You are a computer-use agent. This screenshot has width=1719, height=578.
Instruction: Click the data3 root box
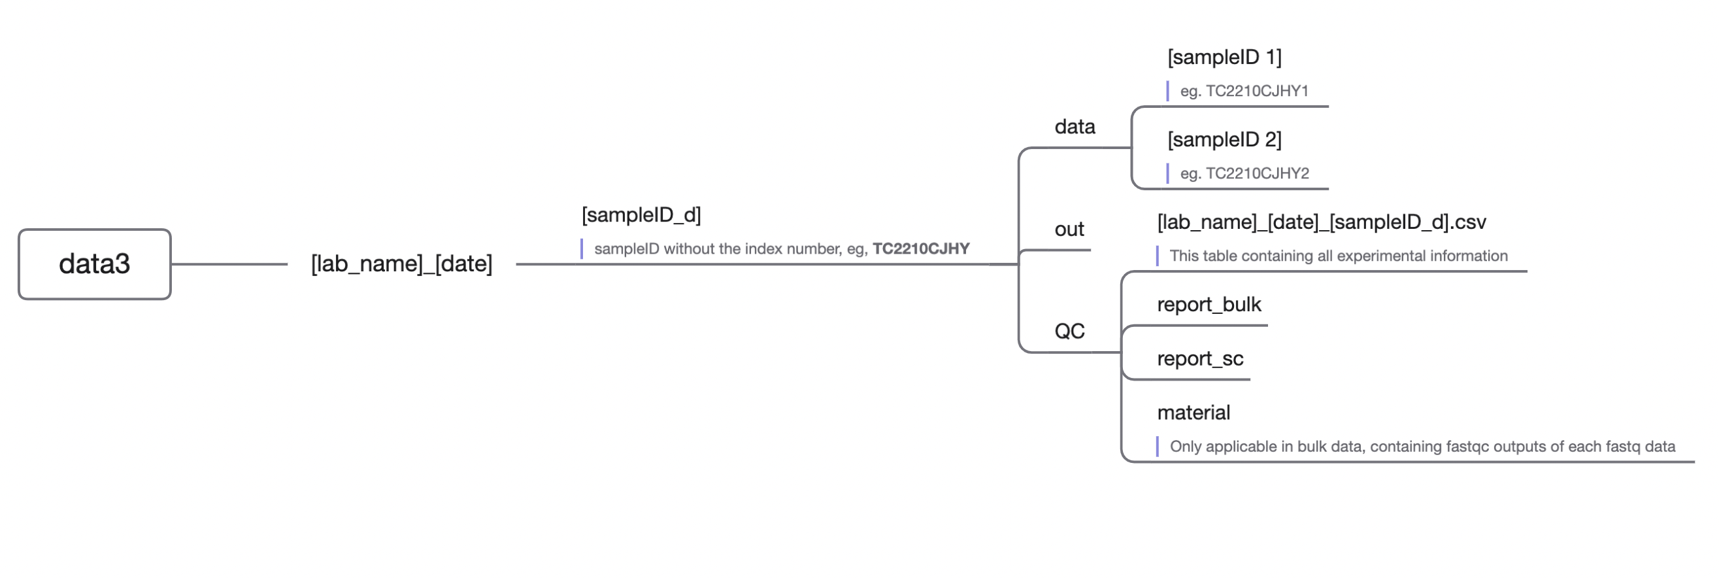point(95,264)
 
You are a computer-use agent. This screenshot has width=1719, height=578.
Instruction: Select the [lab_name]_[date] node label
point(401,264)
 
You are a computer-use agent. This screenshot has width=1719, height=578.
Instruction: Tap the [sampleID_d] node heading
point(641,215)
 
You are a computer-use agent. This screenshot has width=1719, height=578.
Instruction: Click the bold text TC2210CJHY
point(921,249)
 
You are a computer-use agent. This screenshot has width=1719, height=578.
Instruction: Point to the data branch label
point(1075,127)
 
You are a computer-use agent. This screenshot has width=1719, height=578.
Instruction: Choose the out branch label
point(1069,229)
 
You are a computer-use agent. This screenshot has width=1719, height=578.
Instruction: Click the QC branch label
point(1069,331)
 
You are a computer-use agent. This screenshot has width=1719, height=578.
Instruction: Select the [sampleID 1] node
point(1224,58)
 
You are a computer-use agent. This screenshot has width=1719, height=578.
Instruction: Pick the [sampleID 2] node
point(1224,139)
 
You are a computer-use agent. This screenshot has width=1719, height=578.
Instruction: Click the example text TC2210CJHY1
point(1256,92)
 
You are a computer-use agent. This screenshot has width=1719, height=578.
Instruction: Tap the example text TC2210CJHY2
point(1256,173)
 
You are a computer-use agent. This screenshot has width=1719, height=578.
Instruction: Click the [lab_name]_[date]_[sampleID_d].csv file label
point(1322,222)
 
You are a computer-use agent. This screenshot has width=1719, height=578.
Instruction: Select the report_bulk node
point(1209,305)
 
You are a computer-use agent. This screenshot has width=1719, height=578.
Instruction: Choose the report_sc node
point(1200,359)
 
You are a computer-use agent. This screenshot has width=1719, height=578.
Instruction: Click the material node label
point(1193,413)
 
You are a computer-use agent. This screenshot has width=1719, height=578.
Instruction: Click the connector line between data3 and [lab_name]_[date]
point(229,264)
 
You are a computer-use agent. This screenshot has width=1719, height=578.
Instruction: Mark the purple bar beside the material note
point(1157,447)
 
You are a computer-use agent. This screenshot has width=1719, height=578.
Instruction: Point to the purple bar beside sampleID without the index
point(582,249)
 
